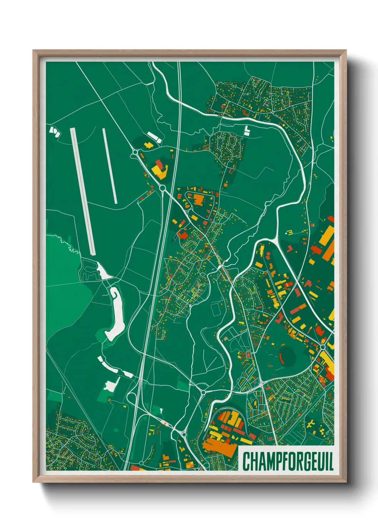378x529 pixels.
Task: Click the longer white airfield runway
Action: (83, 191)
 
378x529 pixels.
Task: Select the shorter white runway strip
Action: (110, 166)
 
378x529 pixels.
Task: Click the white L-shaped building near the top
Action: (247, 130)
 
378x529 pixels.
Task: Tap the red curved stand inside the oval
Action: (281, 355)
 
